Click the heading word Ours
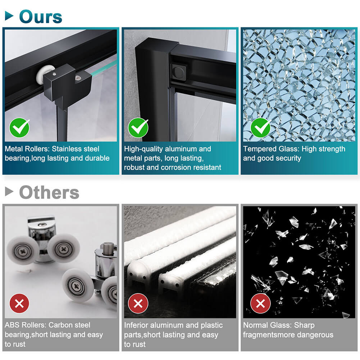[41, 17]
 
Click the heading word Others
[49, 192]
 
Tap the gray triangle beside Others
[9, 191]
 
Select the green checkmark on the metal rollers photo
[19, 128]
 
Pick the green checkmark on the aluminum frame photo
[138, 128]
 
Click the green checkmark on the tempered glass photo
[261, 128]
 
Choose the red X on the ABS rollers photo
[19, 303]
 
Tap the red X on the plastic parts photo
[138, 303]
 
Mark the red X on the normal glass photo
[260, 303]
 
